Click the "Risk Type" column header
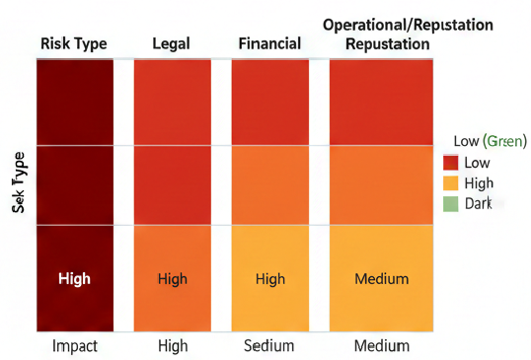tap(74, 43)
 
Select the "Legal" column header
tap(171, 43)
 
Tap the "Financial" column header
tap(269, 43)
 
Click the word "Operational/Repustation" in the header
tap(409, 25)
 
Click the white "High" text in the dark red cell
tap(74, 279)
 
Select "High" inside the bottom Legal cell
tap(172, 279)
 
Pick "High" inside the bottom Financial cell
tap(269, 279)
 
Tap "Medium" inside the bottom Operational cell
tap(381, 279)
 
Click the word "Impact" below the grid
tap(74, 346)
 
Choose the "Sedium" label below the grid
tap(269, 346)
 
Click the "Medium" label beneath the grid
tap(381, 346)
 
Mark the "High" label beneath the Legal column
tap(172, 346)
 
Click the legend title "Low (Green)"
tap(490, 141)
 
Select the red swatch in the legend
tap(451, 163)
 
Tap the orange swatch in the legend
tap(451, 182)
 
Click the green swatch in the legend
tap(451, 203)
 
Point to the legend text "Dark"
tap(478, 203)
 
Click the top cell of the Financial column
tap(269, 102)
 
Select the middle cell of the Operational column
tap(381, 184)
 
